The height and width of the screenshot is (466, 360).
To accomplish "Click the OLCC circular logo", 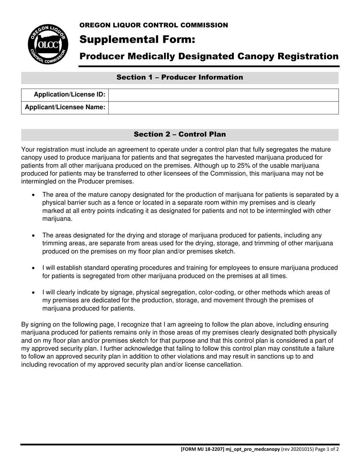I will tap(48, 44).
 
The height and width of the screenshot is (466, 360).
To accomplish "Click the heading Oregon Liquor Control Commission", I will tap(153, 25).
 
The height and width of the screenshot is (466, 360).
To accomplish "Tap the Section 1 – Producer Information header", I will tap(180, 78).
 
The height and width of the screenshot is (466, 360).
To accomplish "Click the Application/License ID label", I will tap(70, 95).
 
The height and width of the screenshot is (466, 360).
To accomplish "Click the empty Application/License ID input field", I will tap(224, 95).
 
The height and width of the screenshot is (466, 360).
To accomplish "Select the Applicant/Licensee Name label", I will tap(65, 108).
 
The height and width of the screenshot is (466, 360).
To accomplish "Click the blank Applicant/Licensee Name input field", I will tap(224, 108).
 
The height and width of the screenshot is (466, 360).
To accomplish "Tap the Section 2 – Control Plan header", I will tap(180, 134).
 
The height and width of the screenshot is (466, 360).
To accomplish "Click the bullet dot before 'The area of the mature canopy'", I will tap(34, 195).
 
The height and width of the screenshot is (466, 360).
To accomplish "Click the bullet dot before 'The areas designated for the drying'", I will tap(34, 236).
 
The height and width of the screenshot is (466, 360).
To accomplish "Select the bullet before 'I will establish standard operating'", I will tap(34, 268).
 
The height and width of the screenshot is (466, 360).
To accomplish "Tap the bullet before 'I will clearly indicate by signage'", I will tap(34, 293).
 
